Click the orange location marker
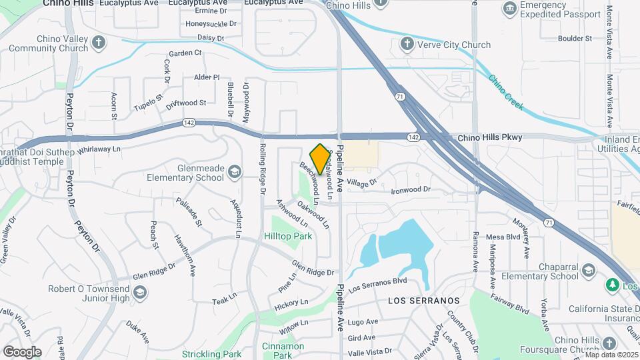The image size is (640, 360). click(x=321, y=159)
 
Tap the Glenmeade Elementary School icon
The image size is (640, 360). click(x=234, y=173)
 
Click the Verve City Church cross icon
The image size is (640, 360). click(x=407, y=45)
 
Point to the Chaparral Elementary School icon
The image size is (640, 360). click(x=588, y=270)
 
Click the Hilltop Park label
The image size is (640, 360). click(x=288, y=237)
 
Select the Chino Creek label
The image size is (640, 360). click(x=506, y=93)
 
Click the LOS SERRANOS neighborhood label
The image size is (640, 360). click(x=424, y=301)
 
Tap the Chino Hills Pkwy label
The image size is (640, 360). click(x=490, y=137)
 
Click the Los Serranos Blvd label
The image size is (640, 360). click(x=378, y=285)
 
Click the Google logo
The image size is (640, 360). click(x=22, y=351)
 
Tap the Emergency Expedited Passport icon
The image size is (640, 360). click(x=510, y=9)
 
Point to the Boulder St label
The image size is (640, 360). click(x=571, y=39)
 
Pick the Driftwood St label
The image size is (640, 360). click(x=186, y=103)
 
